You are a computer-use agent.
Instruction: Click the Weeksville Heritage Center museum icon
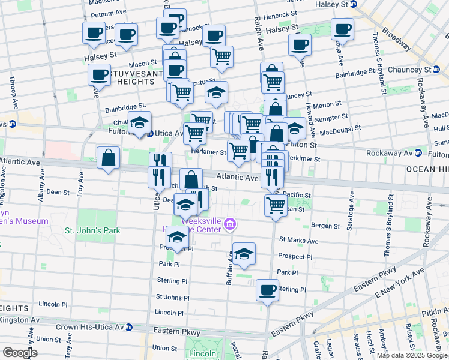(x=229, y=225)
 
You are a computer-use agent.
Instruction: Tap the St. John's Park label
(x=92, y=230)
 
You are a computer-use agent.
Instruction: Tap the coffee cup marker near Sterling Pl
(x=267, y=290)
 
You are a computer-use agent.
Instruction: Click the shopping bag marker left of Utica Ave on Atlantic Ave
(x=108, y=159)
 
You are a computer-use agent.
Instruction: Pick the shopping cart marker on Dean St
(x=276, y=205)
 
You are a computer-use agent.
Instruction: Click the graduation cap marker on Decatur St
(x=216, y=92)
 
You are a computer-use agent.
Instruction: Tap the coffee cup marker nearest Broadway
(x=342, y=29)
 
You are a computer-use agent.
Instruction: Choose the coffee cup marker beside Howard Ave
(x=300, y=44)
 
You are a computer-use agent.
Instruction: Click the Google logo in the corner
(x=20, y=353)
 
